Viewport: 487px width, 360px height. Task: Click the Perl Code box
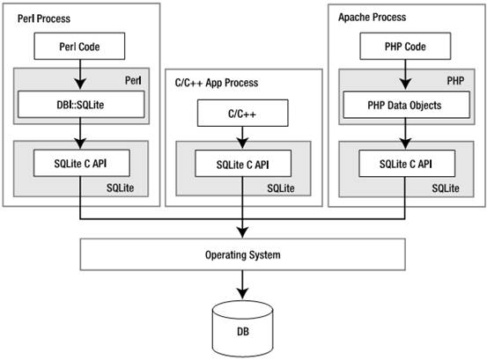pos(79,47)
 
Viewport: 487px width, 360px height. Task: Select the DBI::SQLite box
pos(81,104)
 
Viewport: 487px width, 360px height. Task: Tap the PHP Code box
pos(405,47)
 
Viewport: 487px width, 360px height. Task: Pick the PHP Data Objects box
pos(406,105)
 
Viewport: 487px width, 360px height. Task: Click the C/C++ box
pos(242,113)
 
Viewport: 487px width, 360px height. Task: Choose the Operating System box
pos(242,254)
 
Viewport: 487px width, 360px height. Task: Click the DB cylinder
pos(242,329)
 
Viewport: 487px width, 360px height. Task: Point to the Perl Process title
pos(44,18)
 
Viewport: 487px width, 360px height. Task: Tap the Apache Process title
pos(373,17)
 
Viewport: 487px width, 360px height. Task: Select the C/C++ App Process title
pos(217,83)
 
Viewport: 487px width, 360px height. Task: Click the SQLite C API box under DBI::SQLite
pos(82,163)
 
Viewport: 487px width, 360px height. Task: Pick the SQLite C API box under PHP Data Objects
pos(407,164)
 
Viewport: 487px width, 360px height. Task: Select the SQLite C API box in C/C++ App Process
pos(243,164)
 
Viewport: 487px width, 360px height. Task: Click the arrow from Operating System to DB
pos(242,284)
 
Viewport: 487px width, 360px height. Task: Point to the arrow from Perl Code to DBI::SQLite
pos(80,75)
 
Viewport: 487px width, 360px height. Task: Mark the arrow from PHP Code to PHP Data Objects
pos(405,75)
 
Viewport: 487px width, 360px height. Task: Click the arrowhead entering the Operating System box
pos(242,232)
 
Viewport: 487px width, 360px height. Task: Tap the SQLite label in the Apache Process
pos(446,188)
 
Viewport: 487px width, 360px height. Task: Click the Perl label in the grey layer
pos(133,81)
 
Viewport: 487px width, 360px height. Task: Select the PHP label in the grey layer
pos(455,81)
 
